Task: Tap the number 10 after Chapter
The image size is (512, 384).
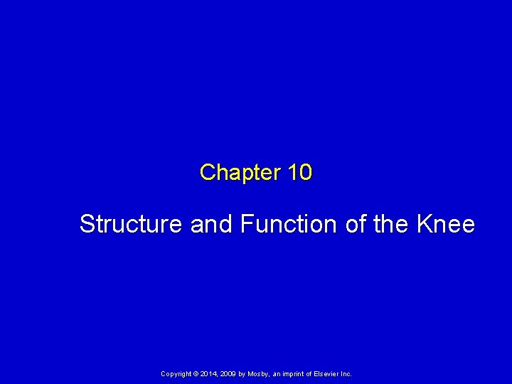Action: tap(300, 172)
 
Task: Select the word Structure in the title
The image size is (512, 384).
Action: tap(132, 224)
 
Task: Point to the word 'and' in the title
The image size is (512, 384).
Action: tap(212, 224)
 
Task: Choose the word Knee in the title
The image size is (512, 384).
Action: tap(446, 224)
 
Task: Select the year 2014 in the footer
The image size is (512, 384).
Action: tap(209, 374)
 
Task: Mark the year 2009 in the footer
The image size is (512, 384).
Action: tap(230, 374)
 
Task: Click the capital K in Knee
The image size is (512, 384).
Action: tap(424, 224)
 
